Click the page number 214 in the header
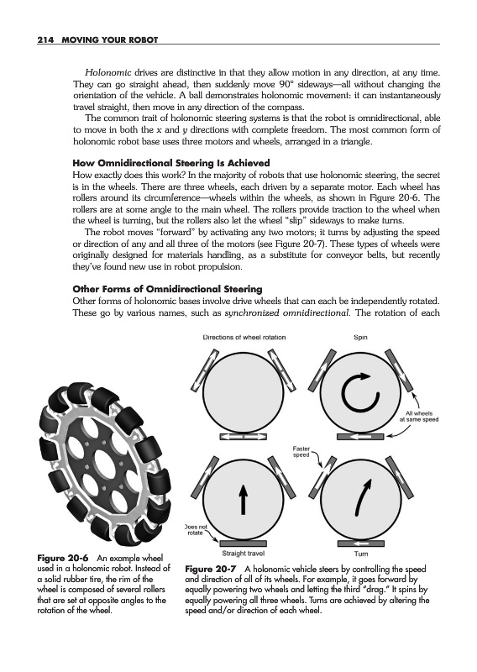[x=45, y=39]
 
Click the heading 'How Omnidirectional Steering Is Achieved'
[x=171, y=163]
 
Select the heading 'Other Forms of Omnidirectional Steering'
[x=168, y=289]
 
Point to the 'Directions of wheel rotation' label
[x=244, y=338]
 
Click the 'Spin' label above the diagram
[x=360, y=338]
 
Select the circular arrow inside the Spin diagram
[x=360, y=392]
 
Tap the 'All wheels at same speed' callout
[x=419, y=417]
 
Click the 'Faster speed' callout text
[x=301, y=451]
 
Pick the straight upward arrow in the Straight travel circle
[x=243, y=499]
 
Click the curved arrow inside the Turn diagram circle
[x=362, y=497]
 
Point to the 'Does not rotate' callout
[x=196, y=529]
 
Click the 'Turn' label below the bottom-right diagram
[x=361, y=554]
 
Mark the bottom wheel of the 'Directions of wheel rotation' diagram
[x=243, y=437]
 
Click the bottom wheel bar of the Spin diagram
[x=360, y=437]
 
